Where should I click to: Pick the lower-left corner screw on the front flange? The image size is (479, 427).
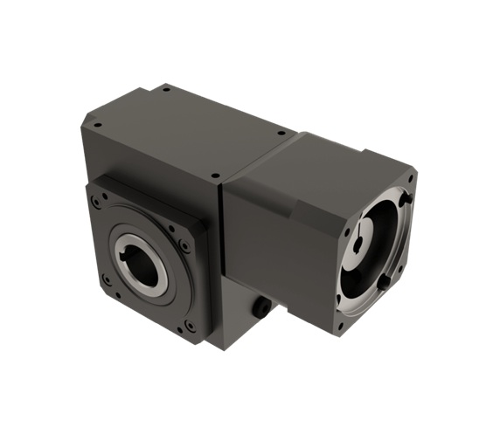[x=107, y=280]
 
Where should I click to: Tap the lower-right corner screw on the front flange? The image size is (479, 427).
[x=191, y=327]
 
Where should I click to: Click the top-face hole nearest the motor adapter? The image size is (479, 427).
[x=281, y=134]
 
